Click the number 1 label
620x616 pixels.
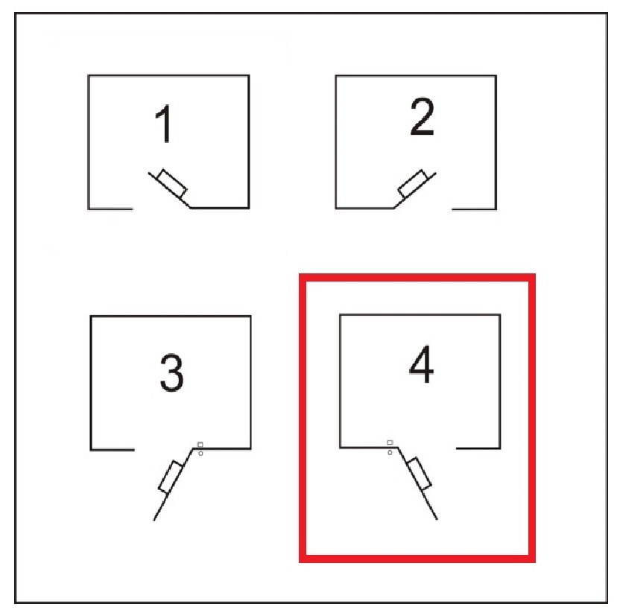coord(163,124)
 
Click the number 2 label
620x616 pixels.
coord(422,116)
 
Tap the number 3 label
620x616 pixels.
coord(171,372)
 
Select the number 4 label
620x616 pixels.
coord(421,364)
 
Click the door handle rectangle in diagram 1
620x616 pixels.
coord(172,183)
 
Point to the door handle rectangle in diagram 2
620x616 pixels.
coord(412,183)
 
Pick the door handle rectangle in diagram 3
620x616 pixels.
coord(171,477)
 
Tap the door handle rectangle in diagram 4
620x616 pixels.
coord(419,474)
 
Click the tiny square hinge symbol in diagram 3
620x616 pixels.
coord(200,445)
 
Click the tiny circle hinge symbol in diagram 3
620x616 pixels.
coord(200,454)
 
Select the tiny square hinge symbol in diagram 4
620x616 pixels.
coord(390,442)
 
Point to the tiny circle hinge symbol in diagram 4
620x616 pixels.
coord(390,452)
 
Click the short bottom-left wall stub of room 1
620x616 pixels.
coord(111,209)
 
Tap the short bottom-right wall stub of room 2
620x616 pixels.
coord(474,209)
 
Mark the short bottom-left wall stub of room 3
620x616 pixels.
coord(113,450)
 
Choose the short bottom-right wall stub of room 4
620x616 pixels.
coord(478,448)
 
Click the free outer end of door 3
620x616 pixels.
coord(154,521)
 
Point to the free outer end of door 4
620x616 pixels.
coord(437,520)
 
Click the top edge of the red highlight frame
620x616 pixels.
coord(417,277)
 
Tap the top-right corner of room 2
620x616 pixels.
coord(496,75)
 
